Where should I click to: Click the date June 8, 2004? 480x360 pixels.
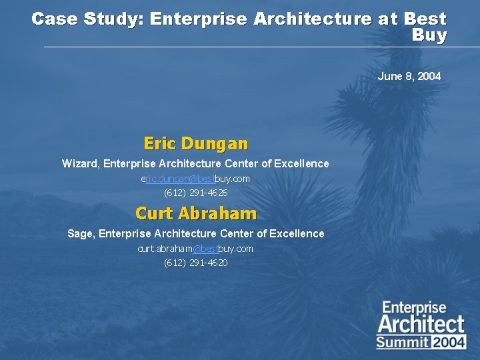409,77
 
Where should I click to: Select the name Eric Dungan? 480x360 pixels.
195,143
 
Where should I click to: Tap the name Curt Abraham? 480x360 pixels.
195,213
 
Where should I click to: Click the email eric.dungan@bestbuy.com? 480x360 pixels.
195,179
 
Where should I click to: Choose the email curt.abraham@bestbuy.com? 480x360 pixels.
195,249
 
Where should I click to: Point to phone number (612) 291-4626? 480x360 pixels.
195,193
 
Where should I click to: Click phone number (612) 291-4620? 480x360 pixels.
195,263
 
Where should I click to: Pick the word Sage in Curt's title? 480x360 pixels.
80,233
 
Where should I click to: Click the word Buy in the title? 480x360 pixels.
429,35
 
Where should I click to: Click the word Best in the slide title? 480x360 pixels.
425,19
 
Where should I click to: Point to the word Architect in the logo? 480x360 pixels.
421,325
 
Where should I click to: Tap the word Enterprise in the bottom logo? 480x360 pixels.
414,308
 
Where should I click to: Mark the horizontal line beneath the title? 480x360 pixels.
260,47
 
